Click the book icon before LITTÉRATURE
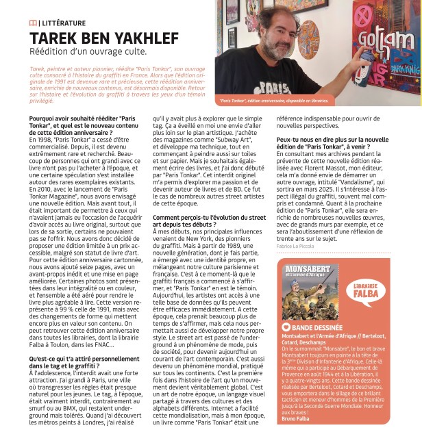coord(34,24)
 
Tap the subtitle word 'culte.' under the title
coord(150,52)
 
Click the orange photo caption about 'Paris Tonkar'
coord(274,101)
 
